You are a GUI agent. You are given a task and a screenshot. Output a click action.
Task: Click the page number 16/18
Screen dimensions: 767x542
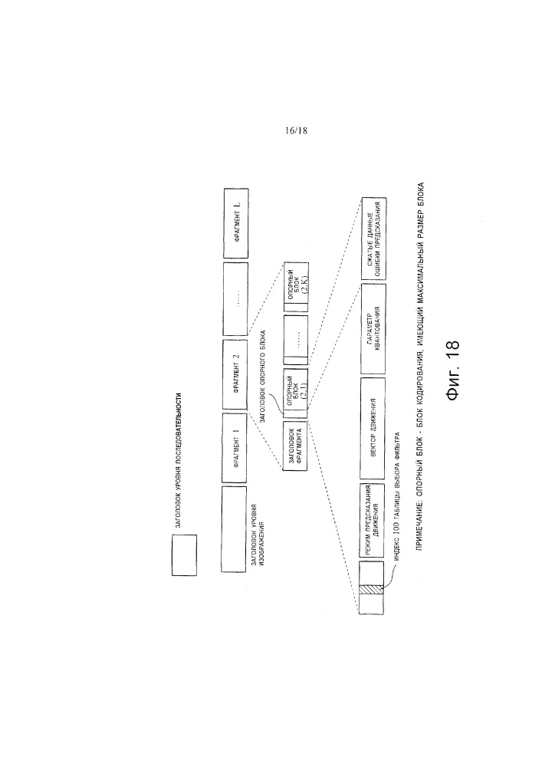click(294, 130)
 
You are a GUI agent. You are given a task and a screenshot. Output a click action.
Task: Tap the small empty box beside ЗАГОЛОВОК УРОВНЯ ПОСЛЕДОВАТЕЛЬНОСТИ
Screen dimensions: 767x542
click(184, 555)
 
